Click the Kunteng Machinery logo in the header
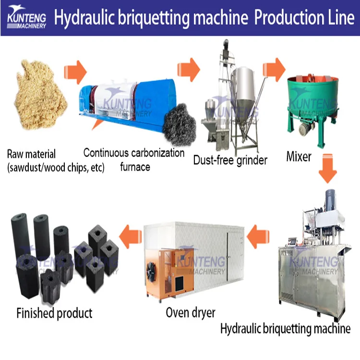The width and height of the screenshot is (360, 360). [26, 17]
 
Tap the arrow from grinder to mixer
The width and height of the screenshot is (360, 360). [274, 69]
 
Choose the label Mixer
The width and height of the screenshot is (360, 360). [299, 156]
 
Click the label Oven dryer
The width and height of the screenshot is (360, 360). [191, 312]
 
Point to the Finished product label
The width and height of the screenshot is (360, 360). [54, 313]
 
